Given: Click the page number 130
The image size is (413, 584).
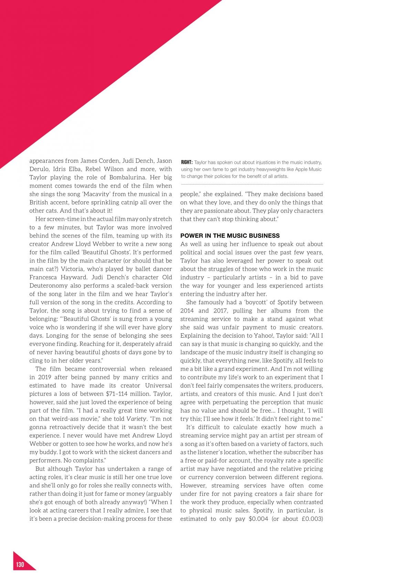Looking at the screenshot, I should click(x=20, y=565).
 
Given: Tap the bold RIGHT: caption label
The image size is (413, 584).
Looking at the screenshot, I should click(x=187, y=162).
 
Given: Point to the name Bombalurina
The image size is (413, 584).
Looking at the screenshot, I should click(x=133, y=177).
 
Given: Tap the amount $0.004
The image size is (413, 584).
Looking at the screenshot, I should click(x=258, y=519).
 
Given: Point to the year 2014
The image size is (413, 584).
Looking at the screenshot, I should click(x=187, y=310).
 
